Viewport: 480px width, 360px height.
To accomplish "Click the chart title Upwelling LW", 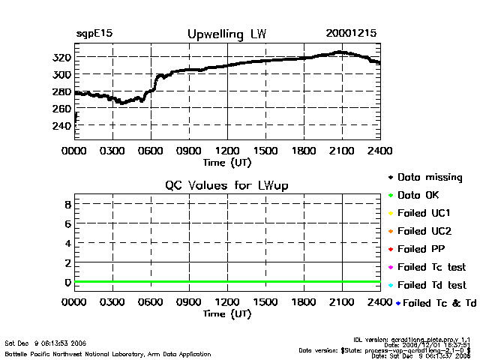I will pyautogui.click(x=226, y=34).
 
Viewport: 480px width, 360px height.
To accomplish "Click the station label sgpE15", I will pyautogui.click(x=94, y=34).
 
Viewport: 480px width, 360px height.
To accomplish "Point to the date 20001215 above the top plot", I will pyautogui.click(x=351, y=34).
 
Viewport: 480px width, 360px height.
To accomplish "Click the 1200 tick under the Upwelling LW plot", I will pyautogui.click(x=227, y=151).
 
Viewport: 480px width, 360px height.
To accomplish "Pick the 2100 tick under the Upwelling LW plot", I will pyautogui.click(x=342, y=151).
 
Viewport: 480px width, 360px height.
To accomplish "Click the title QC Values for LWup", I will pyautogui.click(x=226, y=185).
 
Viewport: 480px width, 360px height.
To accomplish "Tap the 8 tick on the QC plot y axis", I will pyautogui.click(x=67, y=204).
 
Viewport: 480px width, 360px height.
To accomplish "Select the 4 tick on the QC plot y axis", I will pyautogui.click(x=67, y=243).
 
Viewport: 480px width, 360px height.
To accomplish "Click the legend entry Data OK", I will pyautogui.click(x=420, y=195).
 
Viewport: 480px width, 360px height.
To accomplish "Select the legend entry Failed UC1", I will pyautogui.click(x=424, y=213).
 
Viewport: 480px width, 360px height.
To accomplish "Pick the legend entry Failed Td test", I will pyautogui.click(x=431, y=285).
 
